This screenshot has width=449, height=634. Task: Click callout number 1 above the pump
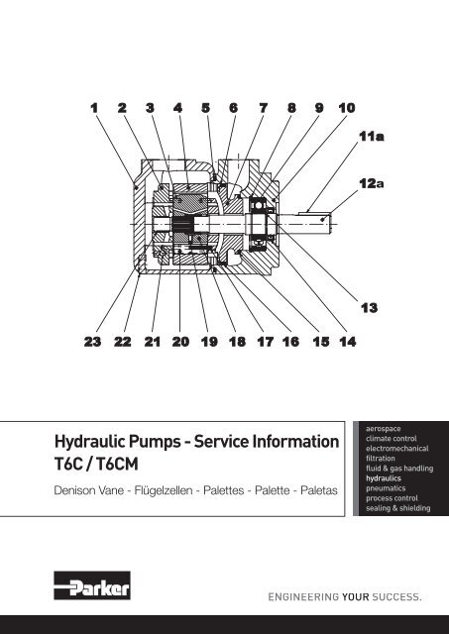point(94,108)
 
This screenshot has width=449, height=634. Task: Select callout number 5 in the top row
point(206,108)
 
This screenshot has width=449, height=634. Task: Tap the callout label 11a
point(372,137)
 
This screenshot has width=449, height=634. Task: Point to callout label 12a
point(372,183)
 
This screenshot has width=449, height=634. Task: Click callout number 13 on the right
point(369,308)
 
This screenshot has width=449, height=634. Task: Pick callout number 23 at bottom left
point(92,342)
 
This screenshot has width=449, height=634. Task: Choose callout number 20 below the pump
point(180,342)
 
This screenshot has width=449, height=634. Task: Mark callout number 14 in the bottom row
point(348,342)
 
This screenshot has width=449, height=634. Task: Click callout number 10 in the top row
point(347,108)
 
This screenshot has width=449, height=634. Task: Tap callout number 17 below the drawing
point(265,342)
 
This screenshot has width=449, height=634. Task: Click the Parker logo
point(92,585)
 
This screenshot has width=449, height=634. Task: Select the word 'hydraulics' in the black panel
point(384,478)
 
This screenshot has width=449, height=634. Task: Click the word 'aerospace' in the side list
point(384,429)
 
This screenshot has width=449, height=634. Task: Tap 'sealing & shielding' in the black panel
point(398,508)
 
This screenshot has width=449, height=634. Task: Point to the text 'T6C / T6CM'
point(96,464)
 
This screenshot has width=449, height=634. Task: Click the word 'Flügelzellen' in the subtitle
point(164,490)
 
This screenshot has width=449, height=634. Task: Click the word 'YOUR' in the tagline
point(356,596)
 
